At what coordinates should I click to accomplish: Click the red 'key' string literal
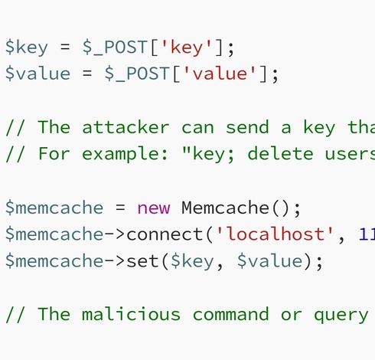[187, 47]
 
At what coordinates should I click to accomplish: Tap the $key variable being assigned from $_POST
[27, 47]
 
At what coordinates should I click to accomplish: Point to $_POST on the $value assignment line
[137, 74]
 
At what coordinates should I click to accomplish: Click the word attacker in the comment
[126, 127]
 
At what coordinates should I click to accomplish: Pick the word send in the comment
[247, 127]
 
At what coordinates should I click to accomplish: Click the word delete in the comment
[280, 153]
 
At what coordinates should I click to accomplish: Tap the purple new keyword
[154, 208]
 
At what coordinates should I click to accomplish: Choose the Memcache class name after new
[225, 208]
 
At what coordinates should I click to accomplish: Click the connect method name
[165, 234]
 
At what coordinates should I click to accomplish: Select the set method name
[143, 261]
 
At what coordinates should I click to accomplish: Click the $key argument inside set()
[192, 261]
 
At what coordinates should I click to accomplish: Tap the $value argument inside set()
[270, 261]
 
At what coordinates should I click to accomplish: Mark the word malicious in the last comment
[131, 314]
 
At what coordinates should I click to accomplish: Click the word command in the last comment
[231, 314]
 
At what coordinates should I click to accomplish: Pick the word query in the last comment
[341, 316]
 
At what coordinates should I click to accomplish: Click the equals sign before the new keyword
[120, 208]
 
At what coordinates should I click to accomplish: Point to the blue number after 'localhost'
[367, 234]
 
